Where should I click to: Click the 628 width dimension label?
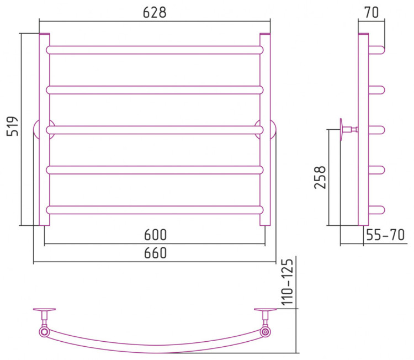[x=155, y=12]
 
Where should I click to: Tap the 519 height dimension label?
[x=12, y=126]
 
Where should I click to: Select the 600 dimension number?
[x=156, y=235]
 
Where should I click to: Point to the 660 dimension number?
[x=156, y=253]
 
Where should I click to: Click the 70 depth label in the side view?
[x=371, y=12]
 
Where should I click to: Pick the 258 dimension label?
[x=320, y=177]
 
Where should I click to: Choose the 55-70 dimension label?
[x=385, y=235]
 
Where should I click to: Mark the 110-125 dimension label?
[x=287, y=282]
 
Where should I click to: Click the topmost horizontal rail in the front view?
[x=155, y=50]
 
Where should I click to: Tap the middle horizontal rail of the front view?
[x=155, y=130]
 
